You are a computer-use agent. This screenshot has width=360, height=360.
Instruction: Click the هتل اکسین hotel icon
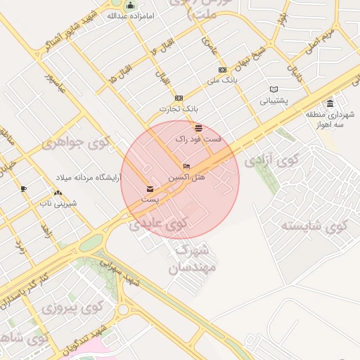point(186,167)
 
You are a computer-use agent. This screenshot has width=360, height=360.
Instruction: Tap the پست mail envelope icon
point(149,189)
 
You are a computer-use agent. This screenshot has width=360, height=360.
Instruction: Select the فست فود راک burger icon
point(199,128)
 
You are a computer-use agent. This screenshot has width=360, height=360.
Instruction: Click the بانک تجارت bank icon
point(179,98)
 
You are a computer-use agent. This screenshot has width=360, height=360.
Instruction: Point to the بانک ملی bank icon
point(222,70)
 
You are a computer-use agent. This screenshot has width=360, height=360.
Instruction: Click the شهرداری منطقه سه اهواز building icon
point(330,104)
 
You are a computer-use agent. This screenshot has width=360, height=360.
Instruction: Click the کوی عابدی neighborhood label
point(160,224)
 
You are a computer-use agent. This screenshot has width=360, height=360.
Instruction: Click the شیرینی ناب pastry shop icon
point(57,193)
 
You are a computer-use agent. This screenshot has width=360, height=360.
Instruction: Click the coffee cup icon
point(23,188)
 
